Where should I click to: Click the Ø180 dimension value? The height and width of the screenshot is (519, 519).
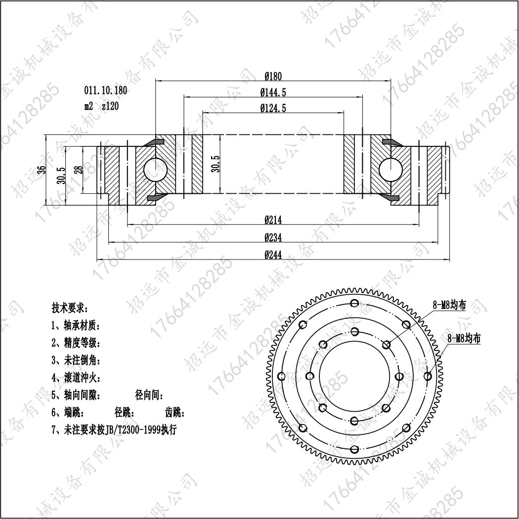pyautogui.click(x=273, y=77)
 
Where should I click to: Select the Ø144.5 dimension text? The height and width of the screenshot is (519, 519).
pyautogui.click(x=273, y=92)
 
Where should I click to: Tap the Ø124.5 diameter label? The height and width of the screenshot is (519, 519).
pyautogui.click(x=273, y=108)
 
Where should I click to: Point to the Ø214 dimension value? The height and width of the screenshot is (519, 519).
pyautogui.click(x=273, y=220)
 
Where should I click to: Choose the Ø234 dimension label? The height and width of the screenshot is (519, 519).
pyautogui.click(x=273, y=237)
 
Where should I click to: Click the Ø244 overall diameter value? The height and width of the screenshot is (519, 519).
pyautogui.click(x=273, y=255)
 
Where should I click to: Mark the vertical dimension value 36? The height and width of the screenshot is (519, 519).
pyautogui.click(x=42, y=170)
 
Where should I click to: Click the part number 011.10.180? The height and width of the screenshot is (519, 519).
pyautogui.click(x=106, y=90)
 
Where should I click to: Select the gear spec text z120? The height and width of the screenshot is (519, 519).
pyautogui.click(x=110, y=106)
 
